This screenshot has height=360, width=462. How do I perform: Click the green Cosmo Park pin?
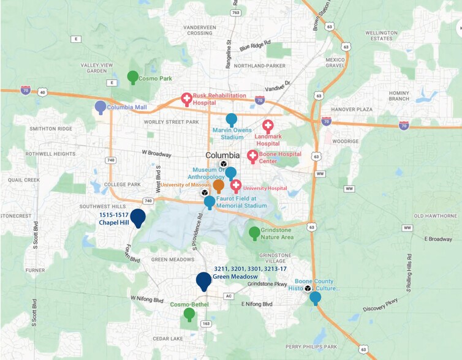tap(132, 77)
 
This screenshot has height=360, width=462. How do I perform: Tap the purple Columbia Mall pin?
tap(100, 107)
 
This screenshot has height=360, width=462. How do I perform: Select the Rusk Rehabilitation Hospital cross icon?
tap(186, 99)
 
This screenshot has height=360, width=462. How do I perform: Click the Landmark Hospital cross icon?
tap(268, 126)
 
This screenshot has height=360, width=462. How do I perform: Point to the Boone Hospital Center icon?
tap(252, 156)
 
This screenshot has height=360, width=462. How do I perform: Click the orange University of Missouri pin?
tap(218, 186)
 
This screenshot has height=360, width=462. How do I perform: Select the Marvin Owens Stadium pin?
tap(232, 119)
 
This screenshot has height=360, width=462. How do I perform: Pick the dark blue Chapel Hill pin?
tap(138, 217)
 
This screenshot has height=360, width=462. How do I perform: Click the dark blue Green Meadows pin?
tap(204, 280)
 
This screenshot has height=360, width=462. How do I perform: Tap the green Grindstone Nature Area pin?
tap(254, 233)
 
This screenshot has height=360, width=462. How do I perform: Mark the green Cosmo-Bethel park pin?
tap(189, 314)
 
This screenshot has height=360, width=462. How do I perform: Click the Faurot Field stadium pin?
tap(210, 201)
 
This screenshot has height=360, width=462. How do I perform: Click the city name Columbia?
tap(222, 155)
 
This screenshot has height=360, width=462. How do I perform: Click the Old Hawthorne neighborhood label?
tap(435, 216)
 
